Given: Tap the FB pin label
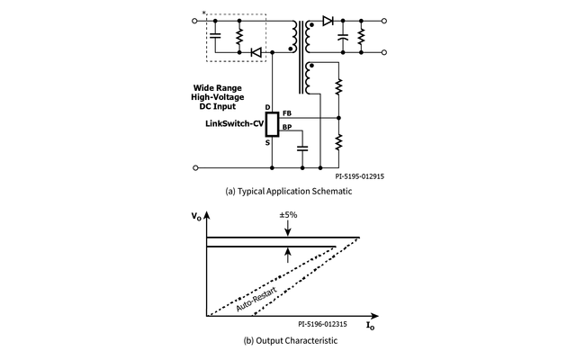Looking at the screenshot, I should pyautogui.click(x=286, y=112).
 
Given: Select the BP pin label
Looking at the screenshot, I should pyautogui.click(x=286, y=128).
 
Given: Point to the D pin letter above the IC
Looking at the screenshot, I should pyautogui.click(x=268, y=107).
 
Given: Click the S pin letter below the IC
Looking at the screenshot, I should pyautogui.click(x=268, y=142).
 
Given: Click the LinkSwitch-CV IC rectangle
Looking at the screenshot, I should pyautogui.click(x=273, y=124).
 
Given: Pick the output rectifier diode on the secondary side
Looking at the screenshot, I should pyautogui.click(x=328, y=19).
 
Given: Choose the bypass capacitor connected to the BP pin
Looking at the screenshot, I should pyautogui.click(x=302, y=144).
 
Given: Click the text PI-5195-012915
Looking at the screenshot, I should pyautogui.click(x=352, y=177).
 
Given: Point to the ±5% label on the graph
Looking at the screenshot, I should pyautogui.click(x=289, y=215).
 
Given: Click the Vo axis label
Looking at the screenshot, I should pyautogui.click(x=197, y=217).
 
